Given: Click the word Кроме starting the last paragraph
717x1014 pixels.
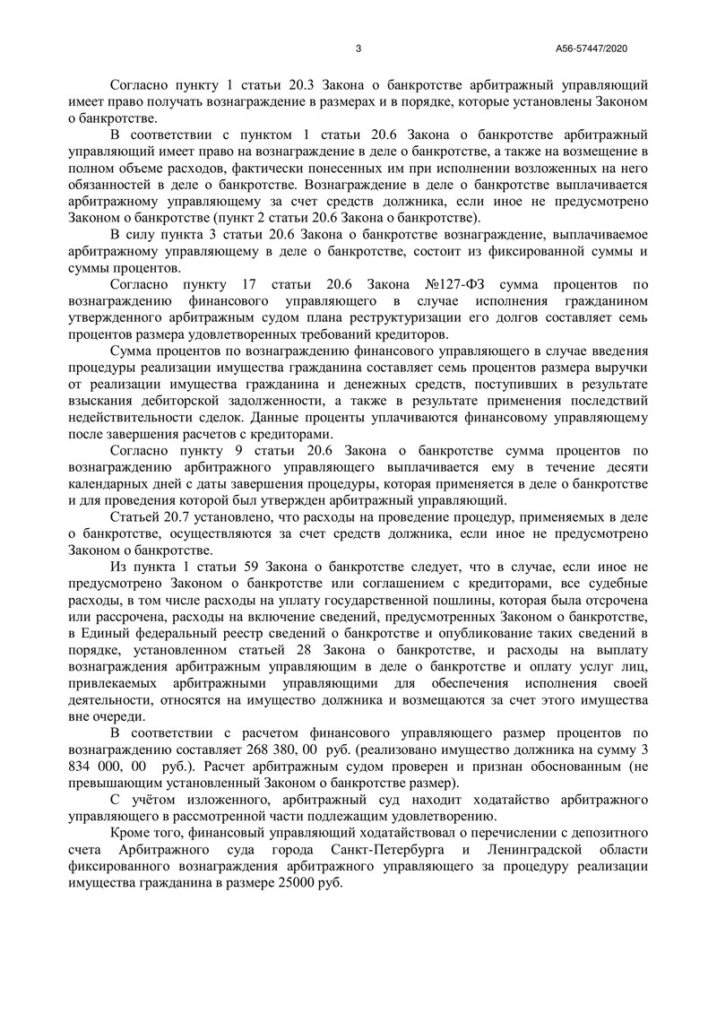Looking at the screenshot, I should [132, 834].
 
